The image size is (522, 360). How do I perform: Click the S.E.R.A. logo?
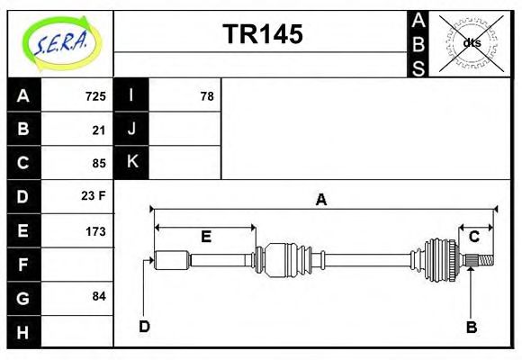tap(60, 41)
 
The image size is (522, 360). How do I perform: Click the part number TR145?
tap(262, 34)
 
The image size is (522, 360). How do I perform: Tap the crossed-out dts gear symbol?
tap(472, 42)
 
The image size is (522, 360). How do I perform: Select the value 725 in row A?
tap(95, 96)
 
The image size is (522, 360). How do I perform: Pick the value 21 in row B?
tap(99, 130)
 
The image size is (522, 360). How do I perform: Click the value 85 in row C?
tap(99, 164)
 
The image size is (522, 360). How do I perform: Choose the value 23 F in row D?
tap(94, 196)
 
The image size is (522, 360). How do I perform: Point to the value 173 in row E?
tap(95, 231)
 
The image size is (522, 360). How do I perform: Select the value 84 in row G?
tap(99, 296)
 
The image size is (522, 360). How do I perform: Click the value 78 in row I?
tap(206, 96)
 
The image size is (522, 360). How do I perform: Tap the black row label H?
tap(23, 331)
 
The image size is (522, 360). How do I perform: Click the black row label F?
tap(23, 265)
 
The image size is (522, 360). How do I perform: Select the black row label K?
tap(131, 162)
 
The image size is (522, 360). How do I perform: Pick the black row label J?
tap(131, 129)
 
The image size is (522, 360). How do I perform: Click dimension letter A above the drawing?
tap(320, 200)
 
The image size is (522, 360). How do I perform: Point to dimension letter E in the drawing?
tap(205, 237)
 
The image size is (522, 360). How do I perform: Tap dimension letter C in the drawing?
tap(473, 236)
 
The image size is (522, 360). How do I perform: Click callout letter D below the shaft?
tap(144, 326)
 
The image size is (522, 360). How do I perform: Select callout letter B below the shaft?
tap(471, 327)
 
